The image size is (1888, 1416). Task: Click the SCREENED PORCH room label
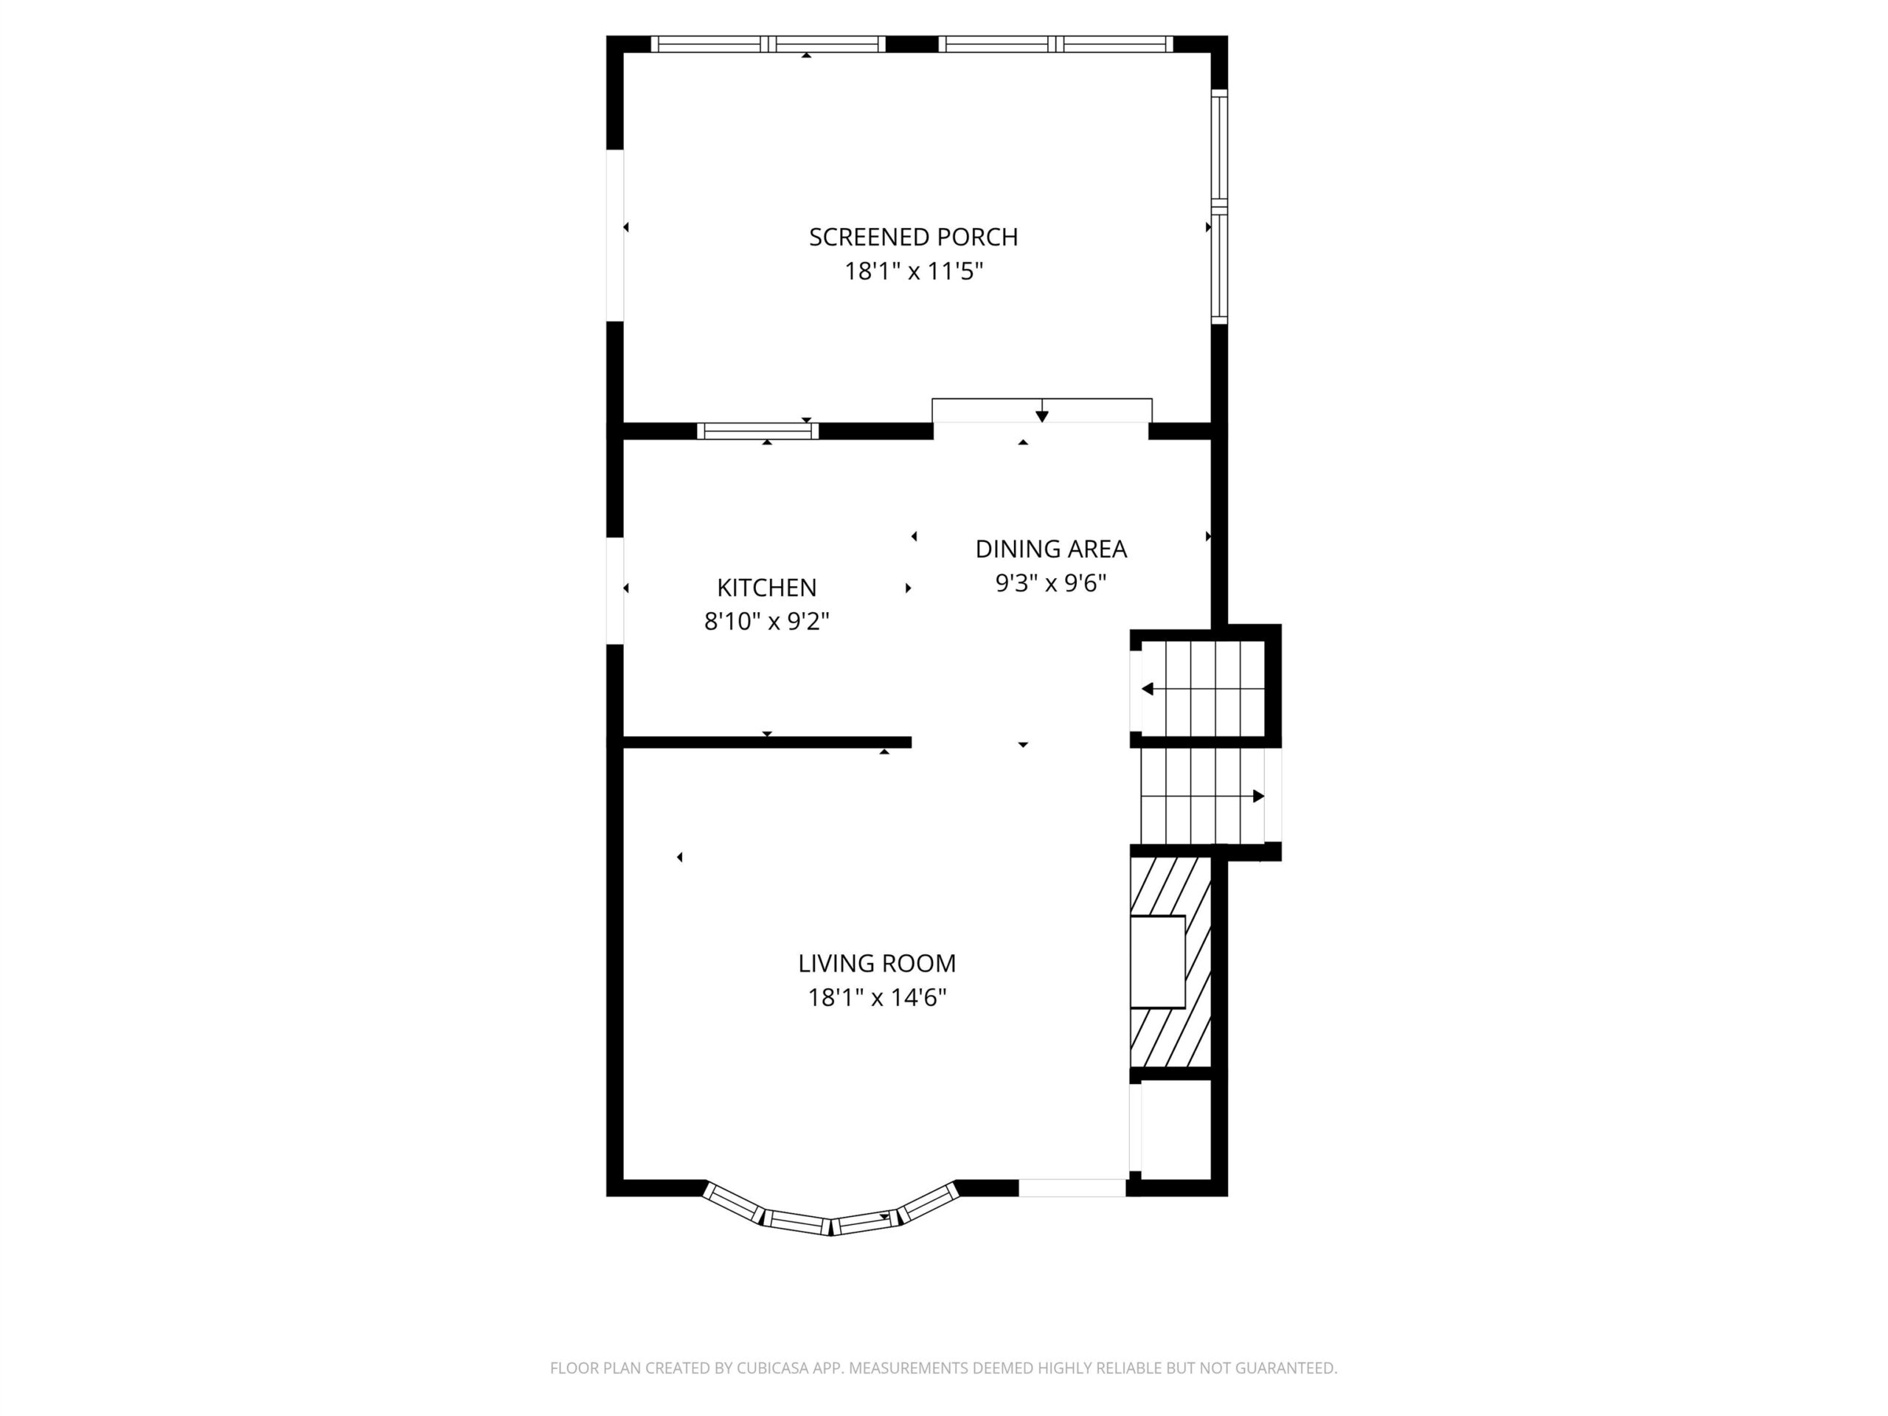(x=913, y=237)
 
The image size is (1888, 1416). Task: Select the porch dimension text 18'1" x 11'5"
(x=913, y=271)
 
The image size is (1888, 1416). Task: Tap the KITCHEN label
(x=766, y=587)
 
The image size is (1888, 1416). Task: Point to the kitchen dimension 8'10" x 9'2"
(x=766, y=622)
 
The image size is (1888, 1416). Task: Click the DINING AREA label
(x=1051, y=549)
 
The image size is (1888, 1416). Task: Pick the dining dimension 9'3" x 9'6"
(x=1051, y=583)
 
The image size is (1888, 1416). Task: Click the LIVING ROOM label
(x=877, y=962)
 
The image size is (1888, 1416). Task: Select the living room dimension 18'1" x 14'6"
(x=877, y=997)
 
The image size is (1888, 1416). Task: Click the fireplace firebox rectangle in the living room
(x=1158, y=962)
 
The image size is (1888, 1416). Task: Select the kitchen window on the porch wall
(x=758, y=431)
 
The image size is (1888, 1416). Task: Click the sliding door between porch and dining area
(x=1041, y=412)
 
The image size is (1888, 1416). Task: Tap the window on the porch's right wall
(x=1220, y=206)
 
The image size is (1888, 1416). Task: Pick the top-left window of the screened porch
(x=768, y=44)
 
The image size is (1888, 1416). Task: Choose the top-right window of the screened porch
(x=1056, y=44)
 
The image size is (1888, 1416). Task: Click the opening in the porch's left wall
(x=614, y=235)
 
